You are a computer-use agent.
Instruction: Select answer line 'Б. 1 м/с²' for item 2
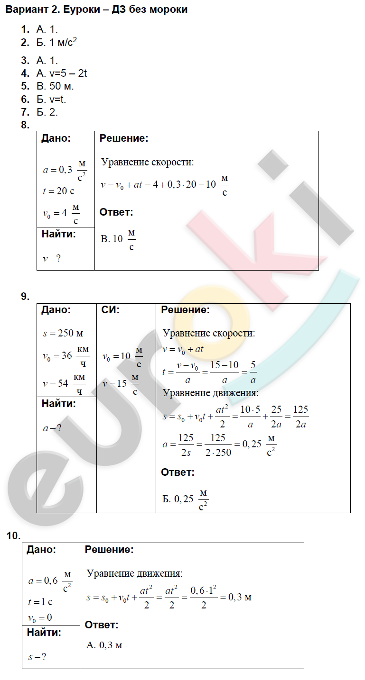point(56,43)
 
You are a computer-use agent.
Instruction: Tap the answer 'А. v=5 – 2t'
point(61,73)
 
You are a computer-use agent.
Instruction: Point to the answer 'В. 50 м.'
point(55,87)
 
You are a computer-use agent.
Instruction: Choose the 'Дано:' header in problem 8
point(56,139)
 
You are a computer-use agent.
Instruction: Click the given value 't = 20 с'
point(58,191)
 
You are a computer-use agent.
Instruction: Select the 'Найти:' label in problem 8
point(58,234)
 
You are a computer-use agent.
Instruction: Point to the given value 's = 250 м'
point(63,333)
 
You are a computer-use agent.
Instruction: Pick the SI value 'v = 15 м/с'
point(121,383)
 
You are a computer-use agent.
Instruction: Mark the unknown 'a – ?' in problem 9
point(52,428)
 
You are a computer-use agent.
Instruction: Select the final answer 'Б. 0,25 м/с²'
point(185,499)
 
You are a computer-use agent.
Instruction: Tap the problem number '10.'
point(13,536)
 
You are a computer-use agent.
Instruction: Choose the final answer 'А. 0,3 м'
point(105,645)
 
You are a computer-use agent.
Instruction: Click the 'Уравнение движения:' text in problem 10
point(134,573)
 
